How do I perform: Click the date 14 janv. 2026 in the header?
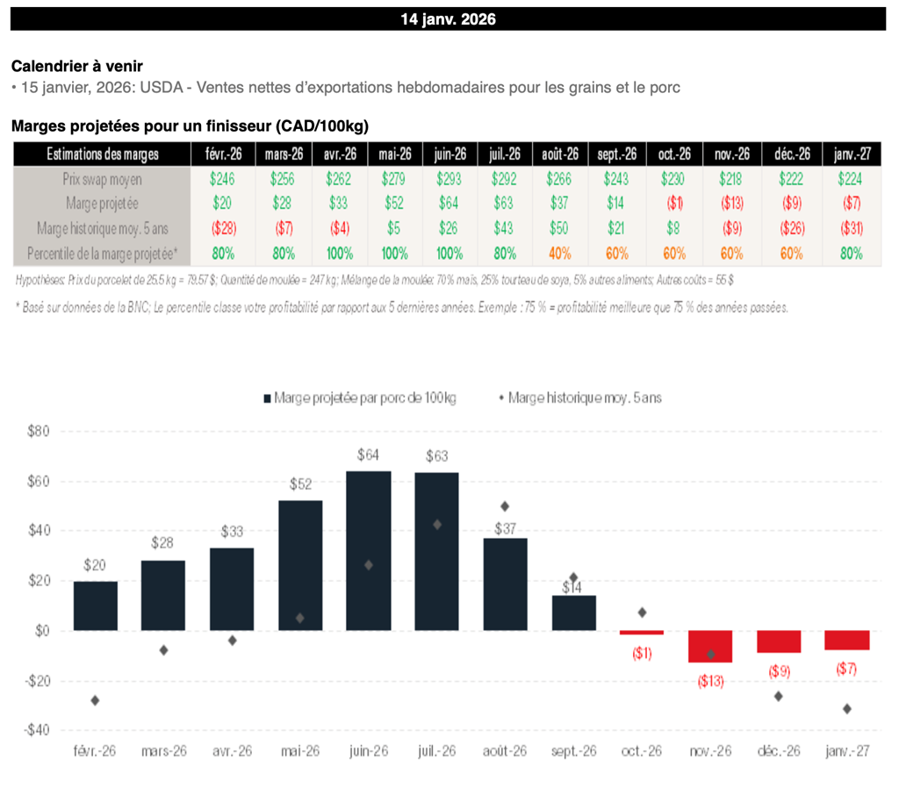pyautogui.click(x=449, y=18)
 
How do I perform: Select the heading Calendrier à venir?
pyautogui.click(x=77, y=66)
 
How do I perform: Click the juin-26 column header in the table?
pyautogui.click(x=449, y=154)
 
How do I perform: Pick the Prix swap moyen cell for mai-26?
pyautogui.click(x=394, y=180)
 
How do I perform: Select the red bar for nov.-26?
pyautogui.click(x=710, y=646)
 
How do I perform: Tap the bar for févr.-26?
pyautogui.click(x=95, y=606)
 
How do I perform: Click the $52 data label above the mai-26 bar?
pyautogui.click(x=299, y=485)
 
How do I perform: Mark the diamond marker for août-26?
pyautogui.click(x=505, y=506)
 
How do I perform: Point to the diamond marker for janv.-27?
pyautogui.click(x=847, y=708)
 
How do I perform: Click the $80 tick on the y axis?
pyautogui.click(x=40, y=431)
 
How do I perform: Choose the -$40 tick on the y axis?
pyautogui.click(x=39, y=730)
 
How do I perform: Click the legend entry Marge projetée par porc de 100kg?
pyautogui.click(x=359, y=398)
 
